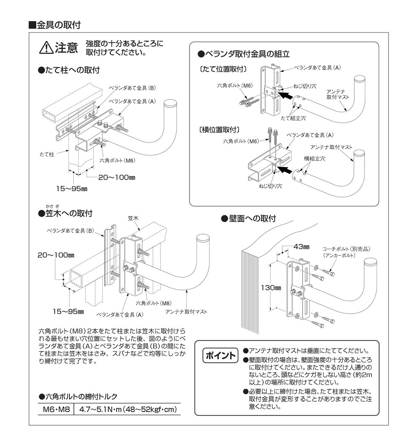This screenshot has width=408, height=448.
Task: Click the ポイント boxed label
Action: (220, 355)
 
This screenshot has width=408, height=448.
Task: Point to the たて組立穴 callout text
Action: (292, 117)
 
